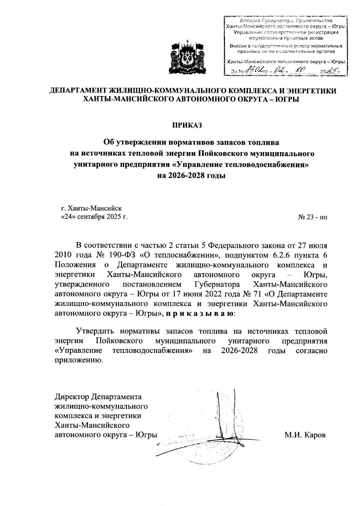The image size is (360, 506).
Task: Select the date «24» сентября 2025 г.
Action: click(94, 217)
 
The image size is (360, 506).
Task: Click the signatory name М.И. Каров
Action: click(305, 435)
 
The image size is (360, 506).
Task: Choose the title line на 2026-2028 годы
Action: click(191, 175)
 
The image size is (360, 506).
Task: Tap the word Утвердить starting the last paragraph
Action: click(95, 331)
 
